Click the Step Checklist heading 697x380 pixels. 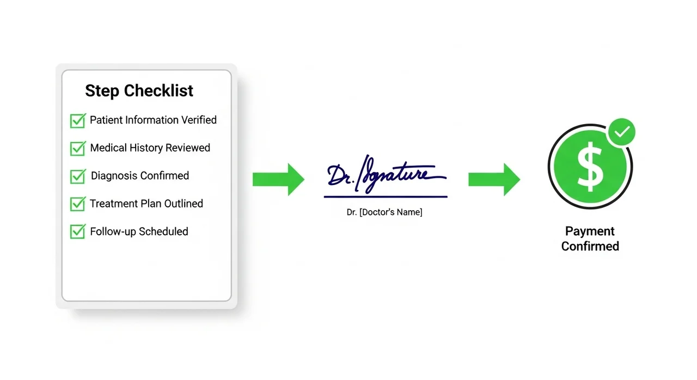click(x=139, y=91)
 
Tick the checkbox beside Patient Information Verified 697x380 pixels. click(x=78, y=121)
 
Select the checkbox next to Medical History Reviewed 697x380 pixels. click(x=78, y=148)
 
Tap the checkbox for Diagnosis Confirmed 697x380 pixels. click(x=78, y=176)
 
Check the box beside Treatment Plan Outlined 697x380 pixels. click(x=78, y=204)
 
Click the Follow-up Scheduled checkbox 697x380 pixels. click(x=78, y=232)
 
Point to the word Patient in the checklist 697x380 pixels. click(x=106, y=120)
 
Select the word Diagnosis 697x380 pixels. click(x=114, y=176)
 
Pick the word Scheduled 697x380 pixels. click(x=163, y=232)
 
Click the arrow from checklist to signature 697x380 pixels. click(x=278, y=180)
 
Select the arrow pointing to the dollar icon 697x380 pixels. click(x=494, y=180)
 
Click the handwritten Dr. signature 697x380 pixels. click(x=386, y=174)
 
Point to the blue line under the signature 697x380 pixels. click(x=386, y=197)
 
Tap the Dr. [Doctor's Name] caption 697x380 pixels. click(x=384, y=212)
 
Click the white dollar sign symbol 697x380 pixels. click(x=590, y=167)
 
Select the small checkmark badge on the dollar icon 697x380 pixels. click(x=622, y=132)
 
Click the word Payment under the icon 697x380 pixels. click(x=590, y=232)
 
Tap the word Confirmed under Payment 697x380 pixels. click(x=590, y=246)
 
